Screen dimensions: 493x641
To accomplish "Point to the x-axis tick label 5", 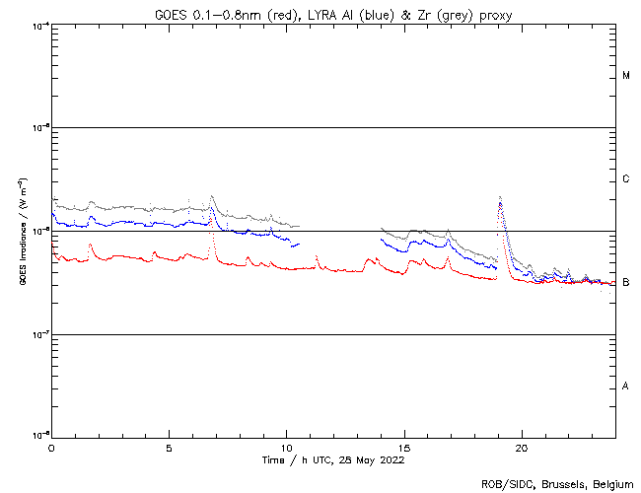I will click(x=169, y=448).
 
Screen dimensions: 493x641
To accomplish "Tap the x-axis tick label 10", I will click(x=286, y=448).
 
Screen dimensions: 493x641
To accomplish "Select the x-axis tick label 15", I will click(x=403, y=448).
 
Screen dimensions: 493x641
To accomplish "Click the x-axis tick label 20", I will click(x=522, y=448).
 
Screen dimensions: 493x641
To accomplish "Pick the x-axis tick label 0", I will click(x=51, y=448).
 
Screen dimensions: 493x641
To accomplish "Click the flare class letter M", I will click(x=626, y=76).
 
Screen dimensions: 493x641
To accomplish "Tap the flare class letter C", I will click(x=626, y=179).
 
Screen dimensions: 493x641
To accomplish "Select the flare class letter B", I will click(x=626, y=283).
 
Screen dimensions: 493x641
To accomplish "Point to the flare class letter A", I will click(x=626, y=386).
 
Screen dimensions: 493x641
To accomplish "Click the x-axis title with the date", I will click(x=332, y=459).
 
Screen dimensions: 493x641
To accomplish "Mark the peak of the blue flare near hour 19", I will click(x=501, y=203).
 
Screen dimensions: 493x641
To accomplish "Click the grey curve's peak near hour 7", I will click(x=211, y=196).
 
